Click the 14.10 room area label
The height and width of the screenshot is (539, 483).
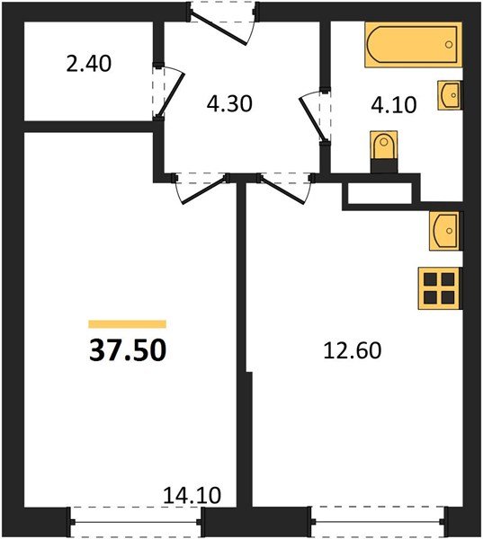pos(193,494)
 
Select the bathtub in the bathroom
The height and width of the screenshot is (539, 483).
pos(412,46)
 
